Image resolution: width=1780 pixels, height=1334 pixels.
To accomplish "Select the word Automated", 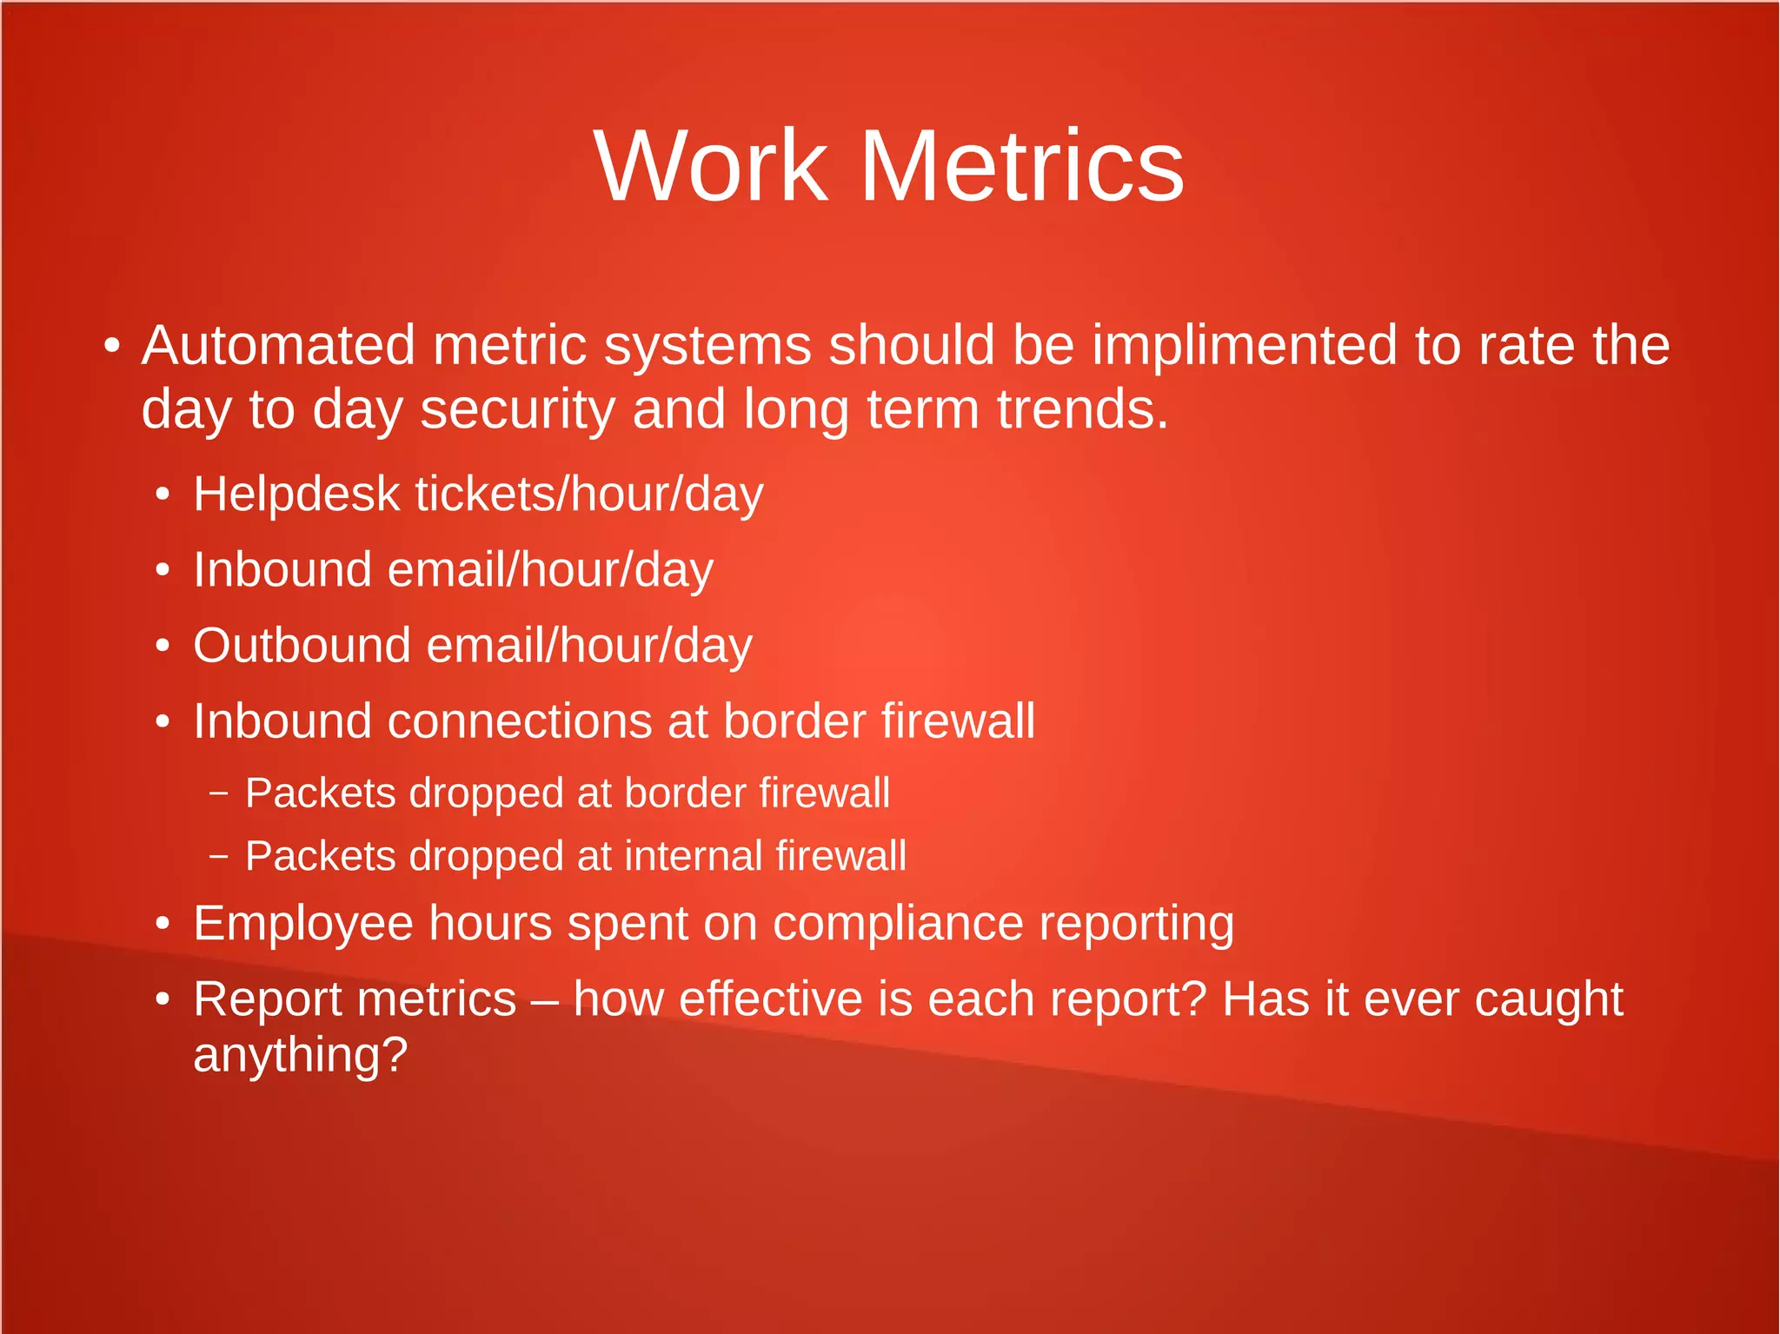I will click(x=278, y=345).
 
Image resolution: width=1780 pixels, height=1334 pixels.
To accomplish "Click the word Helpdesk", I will click(x=296, y=494).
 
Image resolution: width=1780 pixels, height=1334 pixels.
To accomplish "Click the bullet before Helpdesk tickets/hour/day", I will click(x=163, y=495).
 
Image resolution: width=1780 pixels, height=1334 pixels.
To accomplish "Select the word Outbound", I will click(x=302, y=646).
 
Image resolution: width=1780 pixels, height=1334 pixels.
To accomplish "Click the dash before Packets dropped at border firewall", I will click(x=219, y=793).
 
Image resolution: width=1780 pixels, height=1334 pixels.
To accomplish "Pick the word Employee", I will click(x=302, y=923).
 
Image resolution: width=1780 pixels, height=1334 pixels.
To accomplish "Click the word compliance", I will click(x=898, y=923).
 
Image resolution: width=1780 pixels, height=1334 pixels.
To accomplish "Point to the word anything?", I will click(x=300, y=1055).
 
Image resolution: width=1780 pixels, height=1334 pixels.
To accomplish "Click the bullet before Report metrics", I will click(x=163, y=1000).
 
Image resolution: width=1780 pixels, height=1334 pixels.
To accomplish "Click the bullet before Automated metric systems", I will click(x=110, y=346).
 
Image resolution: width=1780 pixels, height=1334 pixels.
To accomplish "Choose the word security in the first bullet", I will click(x=518, y=409).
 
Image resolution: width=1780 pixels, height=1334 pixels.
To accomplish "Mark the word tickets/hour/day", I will click(x=589, y=494).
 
